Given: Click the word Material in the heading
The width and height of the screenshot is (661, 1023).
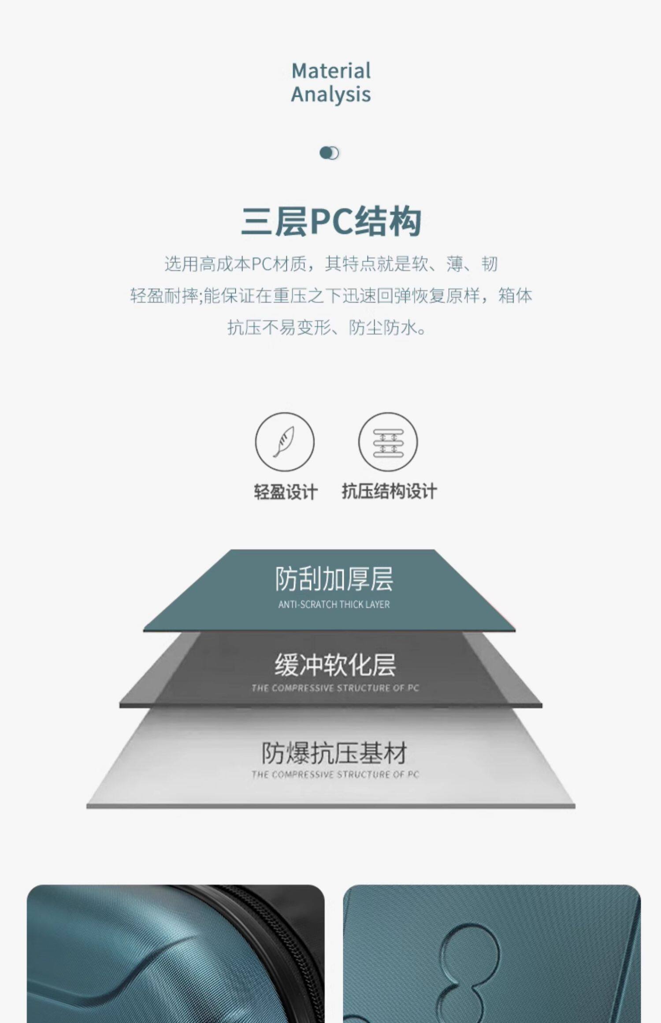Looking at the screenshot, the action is (331, 71).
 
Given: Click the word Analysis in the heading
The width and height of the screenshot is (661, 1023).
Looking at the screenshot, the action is (331, 94).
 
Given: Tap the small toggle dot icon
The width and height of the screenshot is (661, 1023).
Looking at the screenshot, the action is (329, 153).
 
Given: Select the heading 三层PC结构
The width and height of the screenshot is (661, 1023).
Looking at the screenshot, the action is (331, 221).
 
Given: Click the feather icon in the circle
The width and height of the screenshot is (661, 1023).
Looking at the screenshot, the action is (285, 441).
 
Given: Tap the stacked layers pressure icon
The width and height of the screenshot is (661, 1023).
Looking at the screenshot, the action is (388, 441).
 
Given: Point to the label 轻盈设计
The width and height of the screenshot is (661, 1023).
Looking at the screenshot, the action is (286, 492).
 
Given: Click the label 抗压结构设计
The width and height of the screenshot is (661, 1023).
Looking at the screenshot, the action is (389, 491).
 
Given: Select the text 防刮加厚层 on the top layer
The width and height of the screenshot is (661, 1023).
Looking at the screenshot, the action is (334, 578).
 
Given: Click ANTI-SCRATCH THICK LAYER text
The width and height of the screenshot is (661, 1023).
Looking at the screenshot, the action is (334, 604).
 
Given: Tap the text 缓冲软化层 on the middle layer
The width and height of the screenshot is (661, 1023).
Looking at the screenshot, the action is (335, 665).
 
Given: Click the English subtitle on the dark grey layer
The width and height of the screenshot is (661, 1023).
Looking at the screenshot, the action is (335, 688).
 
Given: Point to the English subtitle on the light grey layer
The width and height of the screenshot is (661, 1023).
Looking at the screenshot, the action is (335, 774).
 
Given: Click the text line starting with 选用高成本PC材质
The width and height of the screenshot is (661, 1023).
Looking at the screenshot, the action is (331, 264).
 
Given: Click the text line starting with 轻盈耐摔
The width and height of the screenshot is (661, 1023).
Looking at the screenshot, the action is (331, 295).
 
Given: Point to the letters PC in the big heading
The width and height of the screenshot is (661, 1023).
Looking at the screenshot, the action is (331, 221).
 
